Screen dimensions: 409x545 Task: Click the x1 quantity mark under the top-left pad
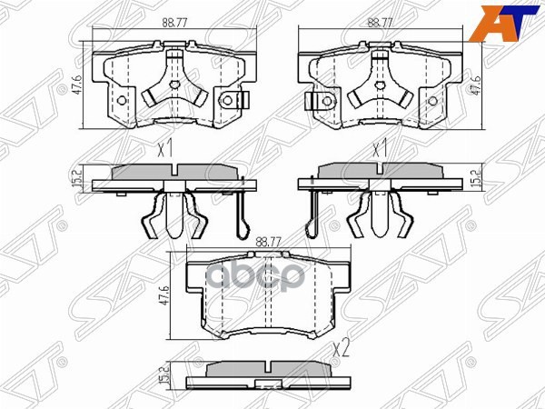[164, 148]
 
